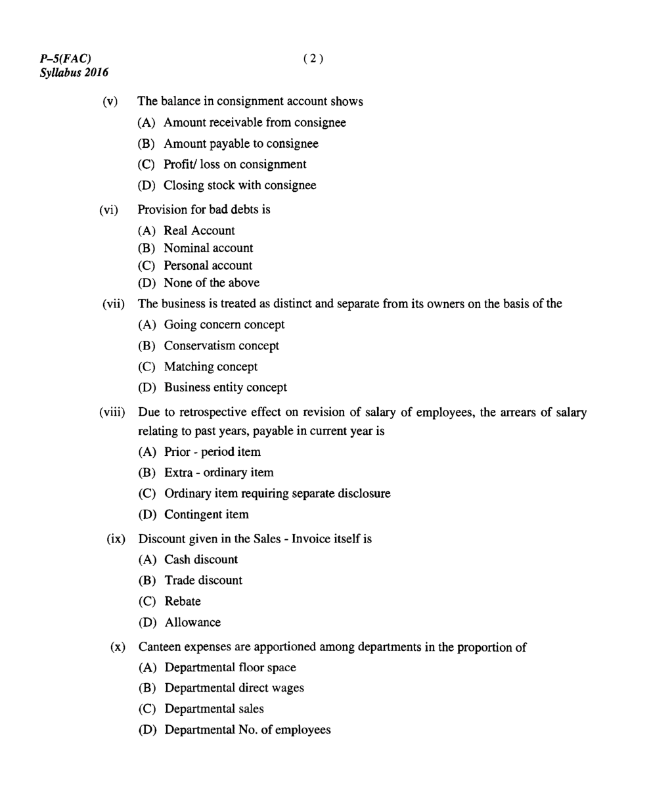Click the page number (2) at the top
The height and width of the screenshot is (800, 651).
tap(313, 58)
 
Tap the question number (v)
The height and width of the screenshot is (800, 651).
tap(110, 102)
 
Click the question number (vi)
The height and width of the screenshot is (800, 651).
tap(109, 210)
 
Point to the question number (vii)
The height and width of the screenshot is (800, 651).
tap(113, 304)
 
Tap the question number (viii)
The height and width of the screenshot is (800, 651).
tap(112, 413)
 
